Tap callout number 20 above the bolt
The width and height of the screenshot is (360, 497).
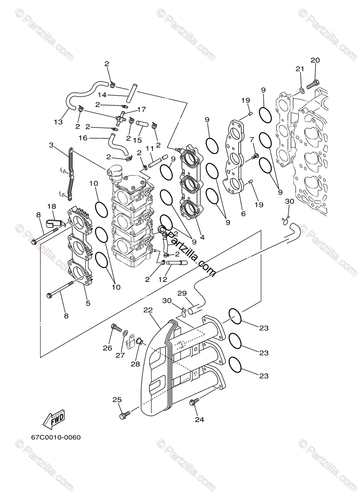[315, 60]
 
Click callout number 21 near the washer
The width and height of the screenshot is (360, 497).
[300, 69]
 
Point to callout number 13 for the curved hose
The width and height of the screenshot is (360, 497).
[58, 122]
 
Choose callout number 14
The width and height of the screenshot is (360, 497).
[102, 95]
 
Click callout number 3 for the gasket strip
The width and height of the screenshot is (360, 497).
[51, 145]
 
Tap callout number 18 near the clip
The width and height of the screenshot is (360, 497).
[51, 207]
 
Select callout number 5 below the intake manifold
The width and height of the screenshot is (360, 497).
[88, 303]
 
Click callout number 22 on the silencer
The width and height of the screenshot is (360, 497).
[148, 310]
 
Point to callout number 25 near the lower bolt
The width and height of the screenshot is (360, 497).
[117, 400]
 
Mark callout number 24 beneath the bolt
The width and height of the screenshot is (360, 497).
[199, 420]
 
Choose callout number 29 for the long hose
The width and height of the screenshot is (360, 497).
[182, 293]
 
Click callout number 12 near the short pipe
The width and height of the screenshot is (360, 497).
[162, 280]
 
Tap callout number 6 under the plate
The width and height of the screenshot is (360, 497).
[243, 214]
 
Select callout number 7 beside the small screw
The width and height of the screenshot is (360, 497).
[251, 140]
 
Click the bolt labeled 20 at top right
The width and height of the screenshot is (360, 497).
[313, 84]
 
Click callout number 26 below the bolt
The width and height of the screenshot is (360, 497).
[107, 348]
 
